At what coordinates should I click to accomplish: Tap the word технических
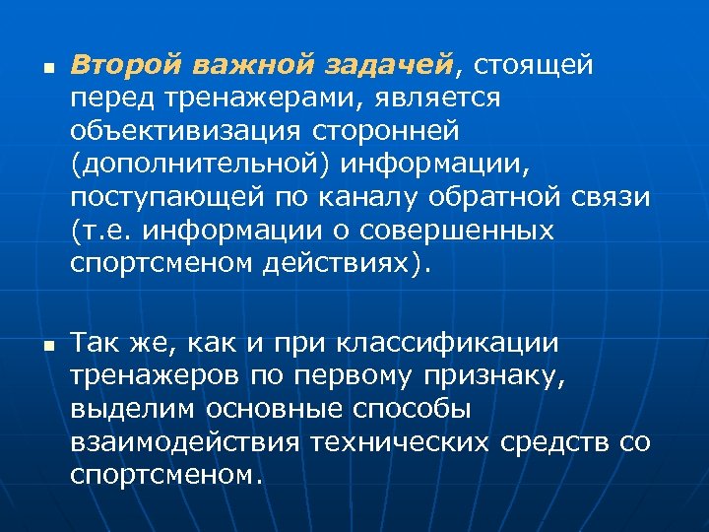click(399, 441)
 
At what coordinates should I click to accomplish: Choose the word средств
click(556, 441)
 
